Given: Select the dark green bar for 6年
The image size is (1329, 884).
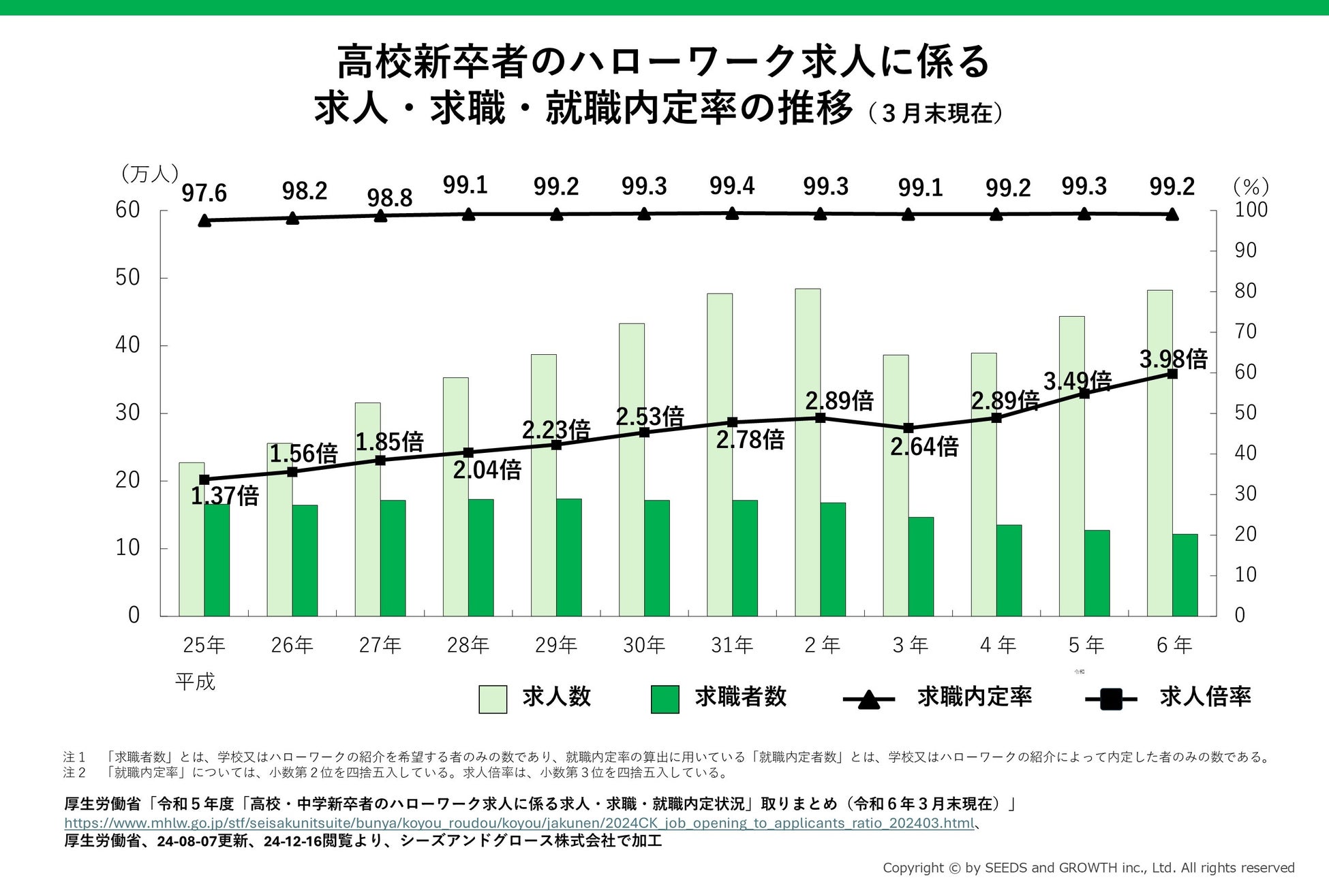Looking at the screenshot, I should click(1185, 575).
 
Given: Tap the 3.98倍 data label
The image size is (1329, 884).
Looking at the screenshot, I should click(1173, 359).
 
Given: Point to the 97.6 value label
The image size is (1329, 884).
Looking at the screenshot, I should click(204, 193).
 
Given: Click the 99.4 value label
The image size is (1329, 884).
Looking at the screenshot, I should click(732, 186).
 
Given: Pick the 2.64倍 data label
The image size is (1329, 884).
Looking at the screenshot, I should click(924, 447).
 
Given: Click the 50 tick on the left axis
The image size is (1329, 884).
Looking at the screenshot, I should click(127, 278).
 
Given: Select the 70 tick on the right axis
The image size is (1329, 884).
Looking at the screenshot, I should click(1245, 332).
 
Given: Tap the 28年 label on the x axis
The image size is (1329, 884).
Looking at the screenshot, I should click(468, 645).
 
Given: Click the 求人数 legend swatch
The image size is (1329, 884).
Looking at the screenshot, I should click(493, 699).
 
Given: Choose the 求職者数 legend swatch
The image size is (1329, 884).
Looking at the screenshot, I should click(664, 699).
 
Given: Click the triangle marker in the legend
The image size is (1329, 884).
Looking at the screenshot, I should click(868, 699).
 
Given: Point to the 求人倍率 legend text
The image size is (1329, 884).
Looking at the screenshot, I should click(1205, 697).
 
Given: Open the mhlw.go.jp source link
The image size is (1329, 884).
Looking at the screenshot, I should click(519, 823).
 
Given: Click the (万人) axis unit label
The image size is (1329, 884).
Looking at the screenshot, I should click(149, 174).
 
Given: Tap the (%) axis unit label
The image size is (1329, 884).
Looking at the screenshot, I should click(1251, 187).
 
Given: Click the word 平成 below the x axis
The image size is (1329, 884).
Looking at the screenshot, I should click(195, 682).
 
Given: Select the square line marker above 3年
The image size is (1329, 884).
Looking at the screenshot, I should click(908, 428).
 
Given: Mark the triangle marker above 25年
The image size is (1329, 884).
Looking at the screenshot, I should click(204, 220).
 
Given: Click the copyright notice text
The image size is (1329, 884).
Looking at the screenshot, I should click(1088, 868).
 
